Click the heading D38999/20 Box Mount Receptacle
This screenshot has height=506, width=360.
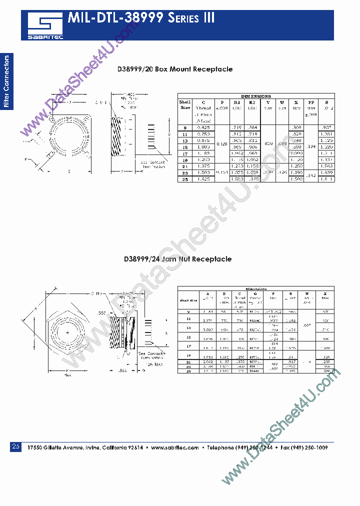point(175,69)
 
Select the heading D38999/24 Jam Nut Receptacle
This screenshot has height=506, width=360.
point(177,259)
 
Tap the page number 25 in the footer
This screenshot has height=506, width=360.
point(15,446)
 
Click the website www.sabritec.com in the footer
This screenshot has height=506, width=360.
point(174,448)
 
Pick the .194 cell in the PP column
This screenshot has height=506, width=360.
point(310,146)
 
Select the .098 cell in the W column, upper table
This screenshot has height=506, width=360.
point(282,143)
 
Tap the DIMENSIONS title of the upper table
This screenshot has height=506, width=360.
point(255,96)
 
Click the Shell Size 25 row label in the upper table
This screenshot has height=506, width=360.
point(185,178)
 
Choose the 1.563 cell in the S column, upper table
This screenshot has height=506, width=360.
point(326,165)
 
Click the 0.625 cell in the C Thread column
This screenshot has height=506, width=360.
point(203,128)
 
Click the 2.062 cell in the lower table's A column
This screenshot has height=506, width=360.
point(207,361)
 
